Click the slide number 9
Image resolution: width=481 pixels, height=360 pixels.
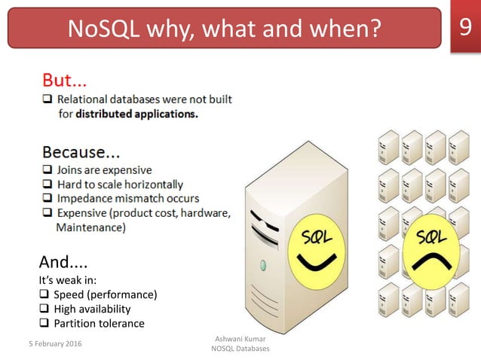click(x=464, y=29)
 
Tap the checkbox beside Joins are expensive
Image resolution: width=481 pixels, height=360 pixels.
click(x=47, y=170)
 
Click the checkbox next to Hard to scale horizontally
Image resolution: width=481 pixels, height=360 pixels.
click(x=47, y=185)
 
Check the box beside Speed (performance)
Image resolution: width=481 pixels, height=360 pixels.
click(x=44, y=294)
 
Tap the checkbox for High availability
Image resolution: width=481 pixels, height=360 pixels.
click(x=44, y=309)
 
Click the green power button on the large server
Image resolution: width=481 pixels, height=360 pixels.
click(x=263, y=265)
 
